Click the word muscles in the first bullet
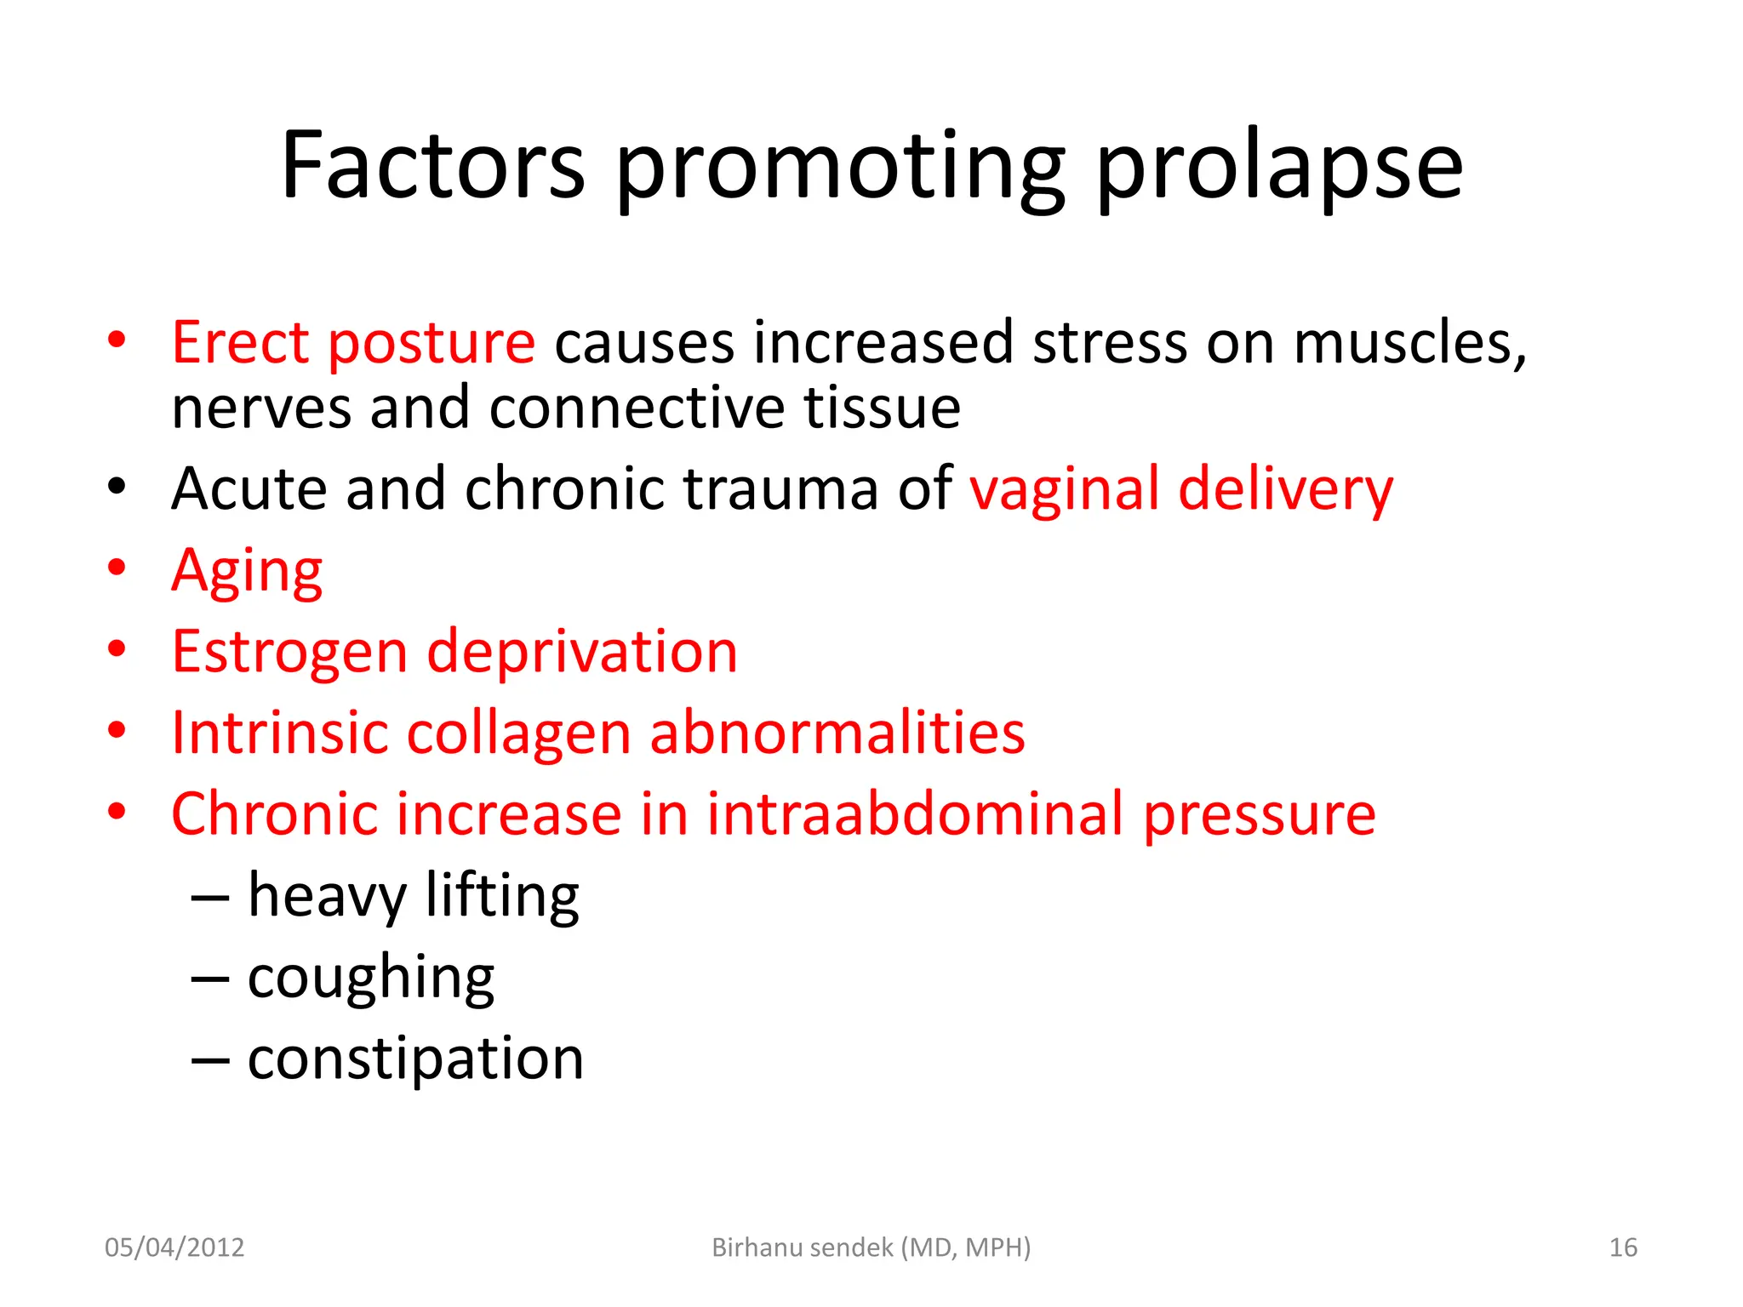click(1409, 342)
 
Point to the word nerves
click(260, 408)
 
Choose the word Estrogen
click(289, 652)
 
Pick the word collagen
click(518, 733)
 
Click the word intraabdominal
click(915, 813)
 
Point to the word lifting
click(502, 895)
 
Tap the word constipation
click(415, 1059)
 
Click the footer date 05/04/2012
click(174, 1247)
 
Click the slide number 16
click(1623, 1247)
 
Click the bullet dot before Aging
click(117, 567)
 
